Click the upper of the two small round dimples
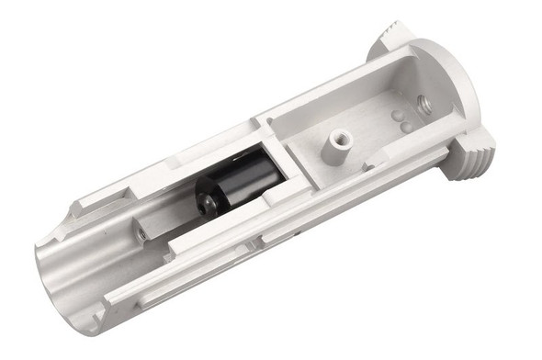tap(397, 116)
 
